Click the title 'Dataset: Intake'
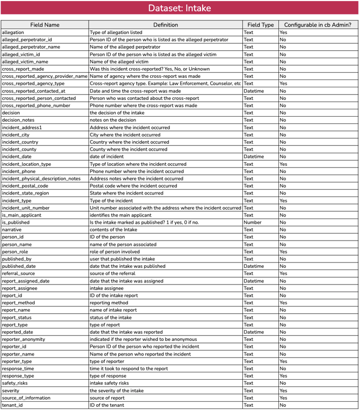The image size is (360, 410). (179, 8)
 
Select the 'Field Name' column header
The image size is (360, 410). (44, 25)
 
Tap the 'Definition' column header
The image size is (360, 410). (165, 25)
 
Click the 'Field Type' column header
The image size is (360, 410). (261, 25)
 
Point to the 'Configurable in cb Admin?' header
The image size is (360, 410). (318, 25)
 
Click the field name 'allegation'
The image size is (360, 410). (14, 32)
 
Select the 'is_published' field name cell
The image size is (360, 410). (16, 222)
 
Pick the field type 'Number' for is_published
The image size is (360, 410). (253, 222)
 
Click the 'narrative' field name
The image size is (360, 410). (12, 230)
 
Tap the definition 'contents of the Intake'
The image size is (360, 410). (114, 230)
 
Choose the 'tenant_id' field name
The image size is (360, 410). (13, 405)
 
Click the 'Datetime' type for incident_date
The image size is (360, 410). (254, 156)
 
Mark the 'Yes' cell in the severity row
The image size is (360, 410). (283, 391)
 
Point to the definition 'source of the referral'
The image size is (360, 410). (114, 274)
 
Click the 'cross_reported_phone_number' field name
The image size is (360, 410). (36, 106)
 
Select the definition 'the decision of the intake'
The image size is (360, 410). (117, 113)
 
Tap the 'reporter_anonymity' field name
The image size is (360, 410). (24, 339)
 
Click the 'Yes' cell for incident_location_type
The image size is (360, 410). (283, 164)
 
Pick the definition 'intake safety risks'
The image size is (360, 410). (110, 383)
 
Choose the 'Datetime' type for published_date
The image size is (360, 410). (254, 266)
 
